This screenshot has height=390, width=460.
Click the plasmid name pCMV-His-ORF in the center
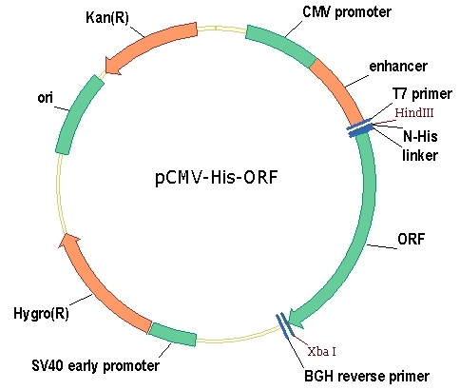[217, 177]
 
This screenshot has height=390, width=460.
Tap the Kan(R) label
[107, 17]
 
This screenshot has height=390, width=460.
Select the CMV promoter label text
[347, 12]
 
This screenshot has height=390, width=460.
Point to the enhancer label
[398, 67]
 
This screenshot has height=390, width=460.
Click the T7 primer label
[422, 94]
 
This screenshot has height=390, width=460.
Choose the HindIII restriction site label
[414, 112]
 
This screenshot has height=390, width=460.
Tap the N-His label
[420, 136]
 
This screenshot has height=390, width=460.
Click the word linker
[420, 155]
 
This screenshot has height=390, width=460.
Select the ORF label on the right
[411, 239]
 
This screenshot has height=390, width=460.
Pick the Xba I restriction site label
[322, 351]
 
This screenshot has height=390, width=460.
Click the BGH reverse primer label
[367, 377]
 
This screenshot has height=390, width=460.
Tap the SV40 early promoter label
[95, 365]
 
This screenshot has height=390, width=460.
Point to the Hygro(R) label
[41, 314]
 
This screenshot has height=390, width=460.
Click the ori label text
[45, 98]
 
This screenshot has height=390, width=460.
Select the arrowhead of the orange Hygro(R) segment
[69, 241]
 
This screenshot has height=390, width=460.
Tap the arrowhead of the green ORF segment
[296, 318]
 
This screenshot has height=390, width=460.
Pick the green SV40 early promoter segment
[173, 334]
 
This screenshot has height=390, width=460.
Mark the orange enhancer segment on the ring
[340, 90]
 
